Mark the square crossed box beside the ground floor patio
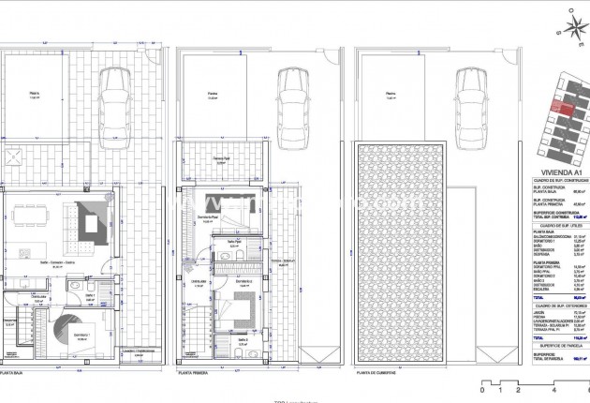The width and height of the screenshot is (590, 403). (13, 156)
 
